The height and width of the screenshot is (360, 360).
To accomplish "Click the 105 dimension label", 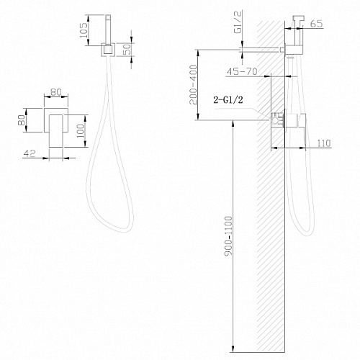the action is click(x=84, y=30).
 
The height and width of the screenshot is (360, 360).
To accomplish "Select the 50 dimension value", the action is click(x=127, y=50).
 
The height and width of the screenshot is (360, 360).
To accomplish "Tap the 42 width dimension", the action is click(x=30, y=153).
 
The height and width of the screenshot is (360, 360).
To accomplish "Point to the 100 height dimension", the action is click(x=81, y=131).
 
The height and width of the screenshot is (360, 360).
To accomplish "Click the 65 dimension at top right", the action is click(x=316, y=24).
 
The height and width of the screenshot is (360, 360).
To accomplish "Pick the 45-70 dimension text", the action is click(x=242, y=71).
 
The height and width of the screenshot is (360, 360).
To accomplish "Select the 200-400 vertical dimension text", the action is click(x=193, y=85).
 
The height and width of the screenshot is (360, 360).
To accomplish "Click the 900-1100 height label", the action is click(x=229, y=236).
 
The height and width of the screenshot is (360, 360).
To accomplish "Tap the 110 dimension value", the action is click(x=324, y=143).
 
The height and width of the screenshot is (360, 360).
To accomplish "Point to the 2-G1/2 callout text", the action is click(x=228, y=99).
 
